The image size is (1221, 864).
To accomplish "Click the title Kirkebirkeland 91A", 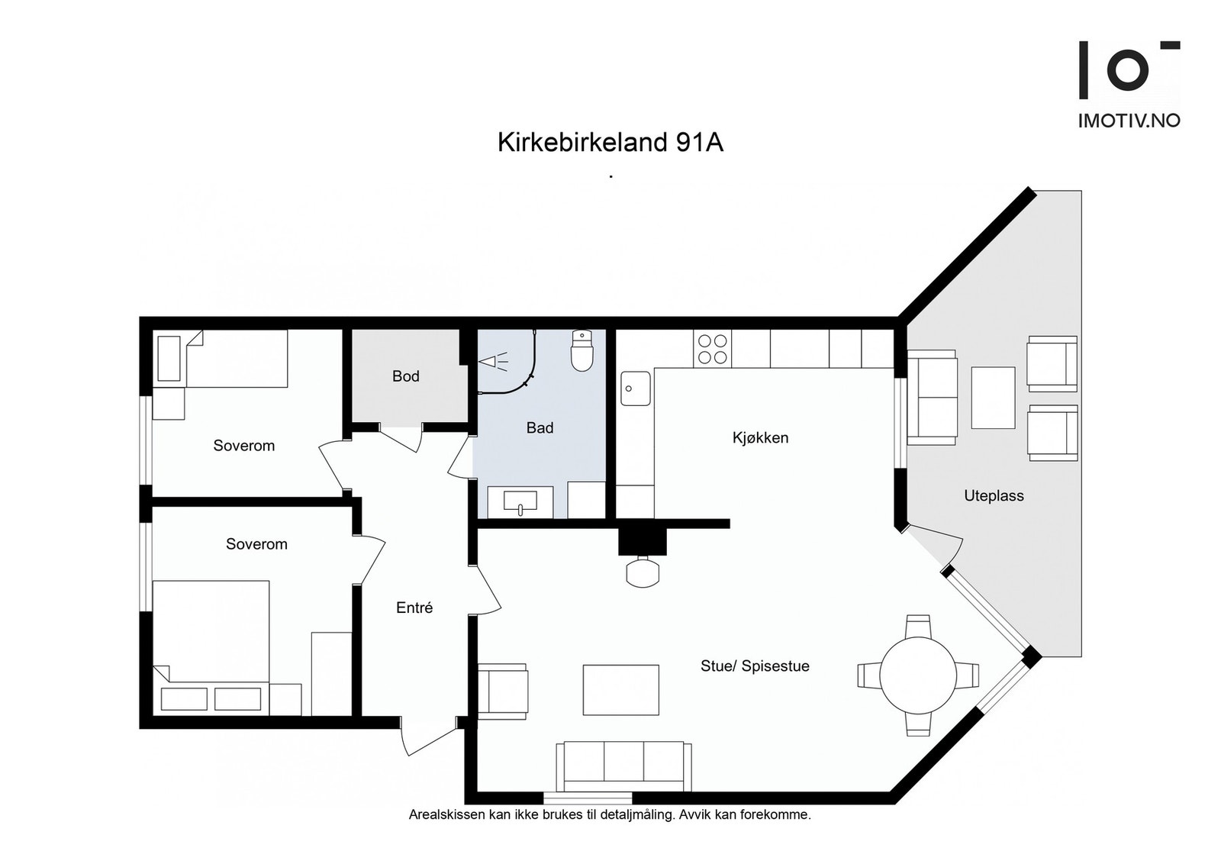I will (x=610, y=143).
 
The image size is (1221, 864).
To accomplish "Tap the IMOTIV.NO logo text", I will (x=1128, y=121).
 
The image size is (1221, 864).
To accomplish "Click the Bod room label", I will (x=405, y=376).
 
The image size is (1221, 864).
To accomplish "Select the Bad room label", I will (x=540, y=427).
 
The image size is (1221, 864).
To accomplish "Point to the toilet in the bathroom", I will (x=582, y=352).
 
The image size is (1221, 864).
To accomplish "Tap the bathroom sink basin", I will (x=520, y=501).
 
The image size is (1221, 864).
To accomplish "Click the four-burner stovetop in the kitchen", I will (x=712, y=349).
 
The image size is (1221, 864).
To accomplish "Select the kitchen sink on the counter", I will (x=635, y=388).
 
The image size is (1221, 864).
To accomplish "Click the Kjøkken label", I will (x=760, y=437).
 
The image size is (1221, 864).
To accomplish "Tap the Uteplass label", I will (x=994, y=495).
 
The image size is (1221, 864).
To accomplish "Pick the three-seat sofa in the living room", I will (x=623, y=766).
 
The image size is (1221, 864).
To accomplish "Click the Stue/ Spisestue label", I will (x=755, y=666).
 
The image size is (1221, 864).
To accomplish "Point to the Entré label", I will (x=414, y=608).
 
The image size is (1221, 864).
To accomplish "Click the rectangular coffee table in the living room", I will (x=620, y=689).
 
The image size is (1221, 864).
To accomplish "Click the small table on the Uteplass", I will (x=993, y=397).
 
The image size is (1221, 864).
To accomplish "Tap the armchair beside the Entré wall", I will (x=504, y=691).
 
